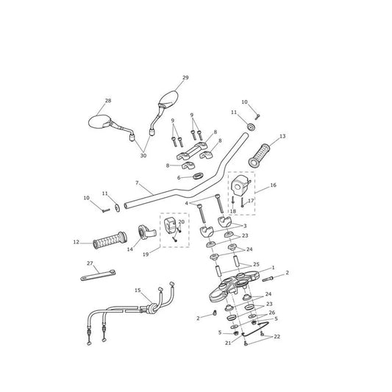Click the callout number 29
[185, 77]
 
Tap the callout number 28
[108, 101]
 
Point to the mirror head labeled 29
[168, 99]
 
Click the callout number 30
[143, 155]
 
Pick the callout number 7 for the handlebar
[137, 183]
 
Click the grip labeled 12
[110, 241]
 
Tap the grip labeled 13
[260, 155]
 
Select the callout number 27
[90, 263]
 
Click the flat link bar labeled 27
[98, 275]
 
